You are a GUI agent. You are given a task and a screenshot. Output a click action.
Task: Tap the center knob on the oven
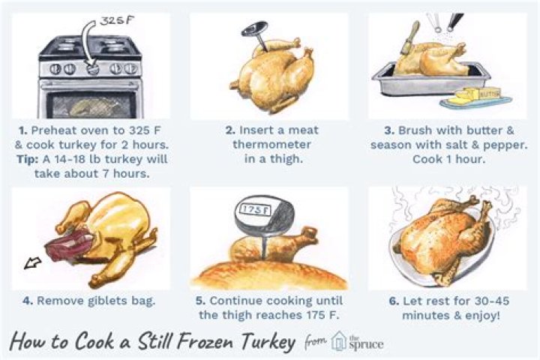point(92,69)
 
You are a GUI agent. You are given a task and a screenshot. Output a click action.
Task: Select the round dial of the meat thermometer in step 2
point(255,29)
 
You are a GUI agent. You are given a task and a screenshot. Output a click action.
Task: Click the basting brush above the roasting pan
point(409,38)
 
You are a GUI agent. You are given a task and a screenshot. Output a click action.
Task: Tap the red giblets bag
point(68,244)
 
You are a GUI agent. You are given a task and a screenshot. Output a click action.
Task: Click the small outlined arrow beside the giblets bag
point(33,263)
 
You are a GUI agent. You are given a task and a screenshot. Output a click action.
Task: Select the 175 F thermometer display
point(255,210)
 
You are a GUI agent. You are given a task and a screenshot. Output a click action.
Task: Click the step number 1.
point(22,130)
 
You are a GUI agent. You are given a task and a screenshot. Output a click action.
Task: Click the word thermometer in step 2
point(271,144)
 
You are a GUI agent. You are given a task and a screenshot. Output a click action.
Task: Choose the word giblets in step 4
point(108,301)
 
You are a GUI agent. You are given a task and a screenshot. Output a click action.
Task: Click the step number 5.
point(201,301)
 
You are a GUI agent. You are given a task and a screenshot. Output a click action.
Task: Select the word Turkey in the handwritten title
point(268,342)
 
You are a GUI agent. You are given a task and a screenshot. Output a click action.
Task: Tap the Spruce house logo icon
point(338,341)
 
